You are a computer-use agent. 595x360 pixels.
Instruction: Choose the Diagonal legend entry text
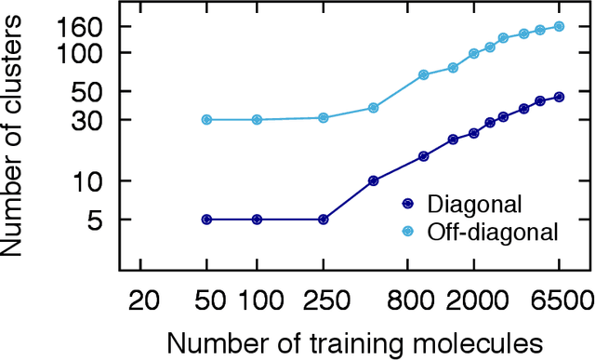tap(468, 204)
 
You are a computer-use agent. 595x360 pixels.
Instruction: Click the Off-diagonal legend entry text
tap(492, 231)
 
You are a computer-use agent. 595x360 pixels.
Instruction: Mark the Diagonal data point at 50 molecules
tap(206, 220)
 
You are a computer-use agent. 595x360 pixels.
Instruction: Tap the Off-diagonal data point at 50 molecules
tap(206, 120)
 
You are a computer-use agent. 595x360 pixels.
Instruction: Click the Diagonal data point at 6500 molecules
tap(559, 97)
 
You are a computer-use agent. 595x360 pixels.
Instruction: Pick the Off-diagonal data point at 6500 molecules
tap(559, 26)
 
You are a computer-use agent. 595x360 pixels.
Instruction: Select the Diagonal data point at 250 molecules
tap(323, 220)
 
